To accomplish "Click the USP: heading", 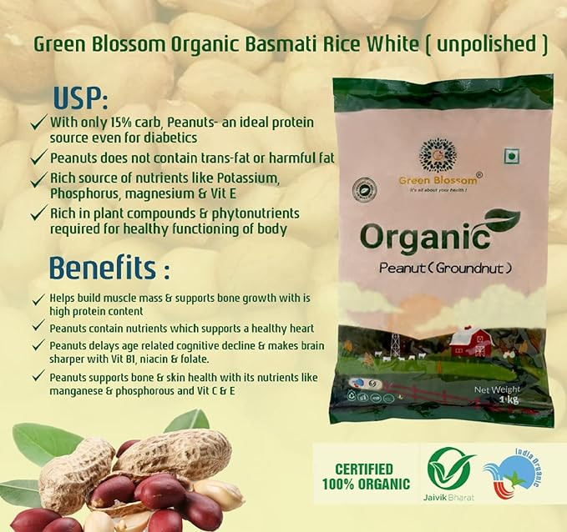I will pyautogui.click(x=81, y=98).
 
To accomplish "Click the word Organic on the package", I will pyautogui.click(x=424, y=238).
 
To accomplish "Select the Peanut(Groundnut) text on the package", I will pyautogui.click(x=444, y=268).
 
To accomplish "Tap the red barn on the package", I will pyautogui.click(x=471, y=341).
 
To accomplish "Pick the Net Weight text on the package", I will pyautogui.click(x=497, y=389).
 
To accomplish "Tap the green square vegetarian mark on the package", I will pyautogui.click(x=509, y=155).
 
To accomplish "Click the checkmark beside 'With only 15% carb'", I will pyautogui.click(x=37, y=122).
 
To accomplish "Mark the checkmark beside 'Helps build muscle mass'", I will pyautogui.click(x=37, y=299).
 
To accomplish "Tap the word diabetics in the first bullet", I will pyautogui.click(x=170, y=138).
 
